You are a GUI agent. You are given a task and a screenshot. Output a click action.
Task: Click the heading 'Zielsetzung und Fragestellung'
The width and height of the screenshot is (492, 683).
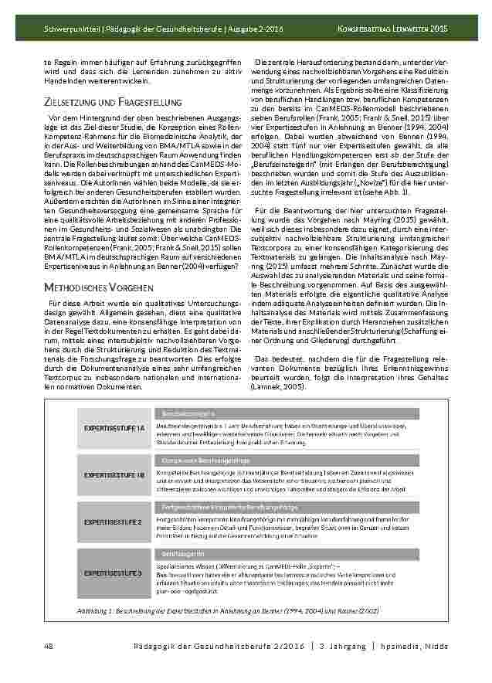[x=113, y=102]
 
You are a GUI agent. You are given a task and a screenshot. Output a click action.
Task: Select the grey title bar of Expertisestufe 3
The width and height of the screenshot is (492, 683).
[x=297, y=555]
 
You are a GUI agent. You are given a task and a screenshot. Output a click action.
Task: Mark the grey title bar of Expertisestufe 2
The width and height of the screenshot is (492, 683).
[x=297, y=507]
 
